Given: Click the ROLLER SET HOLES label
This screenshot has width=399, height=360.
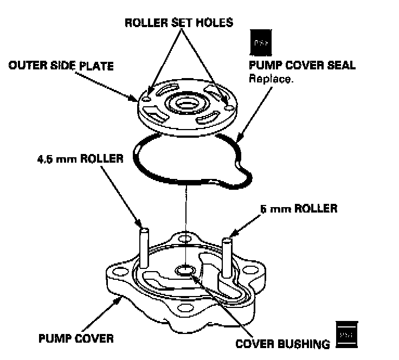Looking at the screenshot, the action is click(178, 23).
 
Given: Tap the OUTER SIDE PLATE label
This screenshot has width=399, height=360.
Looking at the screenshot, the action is click(61, 66).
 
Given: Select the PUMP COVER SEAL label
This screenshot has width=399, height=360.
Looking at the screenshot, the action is click(301, 66).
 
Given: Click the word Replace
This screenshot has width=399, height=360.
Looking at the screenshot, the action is click(270, 78).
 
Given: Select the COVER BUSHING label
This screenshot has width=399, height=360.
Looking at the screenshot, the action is click(282, 343).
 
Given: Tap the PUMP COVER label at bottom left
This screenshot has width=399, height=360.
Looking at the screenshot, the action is click(76, 338).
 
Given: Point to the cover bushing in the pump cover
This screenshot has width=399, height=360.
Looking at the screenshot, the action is click(185, 269).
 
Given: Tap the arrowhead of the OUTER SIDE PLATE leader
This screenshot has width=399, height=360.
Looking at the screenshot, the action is click(137, 99).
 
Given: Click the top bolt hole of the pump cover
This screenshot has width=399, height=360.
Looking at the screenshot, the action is click(186, 238).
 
